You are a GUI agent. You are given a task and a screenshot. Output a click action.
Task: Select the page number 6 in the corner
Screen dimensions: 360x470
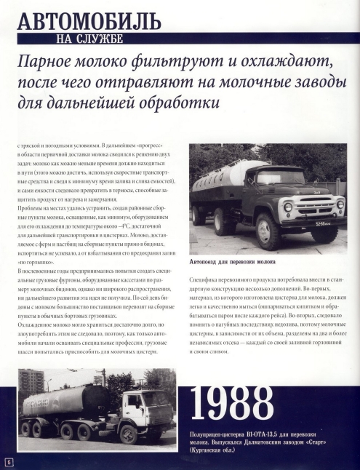8,461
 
